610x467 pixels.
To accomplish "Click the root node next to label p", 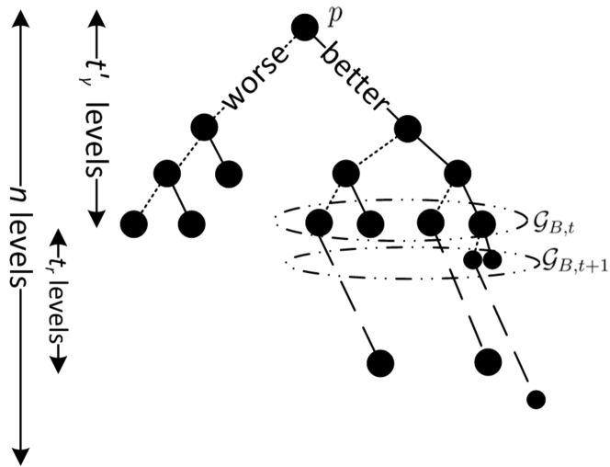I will pyautogui.click(x=305, y=29).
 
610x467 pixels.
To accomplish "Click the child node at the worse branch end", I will pyautogui.click(x=204, y=127).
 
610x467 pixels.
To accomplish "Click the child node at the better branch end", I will pyautogui.click(x=408, y=130).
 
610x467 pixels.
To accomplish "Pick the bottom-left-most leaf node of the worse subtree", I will pyautogui.click(x=134, y=222).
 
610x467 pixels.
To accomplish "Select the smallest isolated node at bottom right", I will pyautogui.click(x=537, y=399).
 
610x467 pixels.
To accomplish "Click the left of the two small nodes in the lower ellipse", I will pyautogui.click(x=472, y=260).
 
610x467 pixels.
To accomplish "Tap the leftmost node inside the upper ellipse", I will pyautogui.click(x=319, y=222).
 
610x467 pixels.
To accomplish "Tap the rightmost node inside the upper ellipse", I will pyautogui.click(x=481, y=222).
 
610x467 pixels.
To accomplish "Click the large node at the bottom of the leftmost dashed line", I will pyautogui.click(x=380, y=363).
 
